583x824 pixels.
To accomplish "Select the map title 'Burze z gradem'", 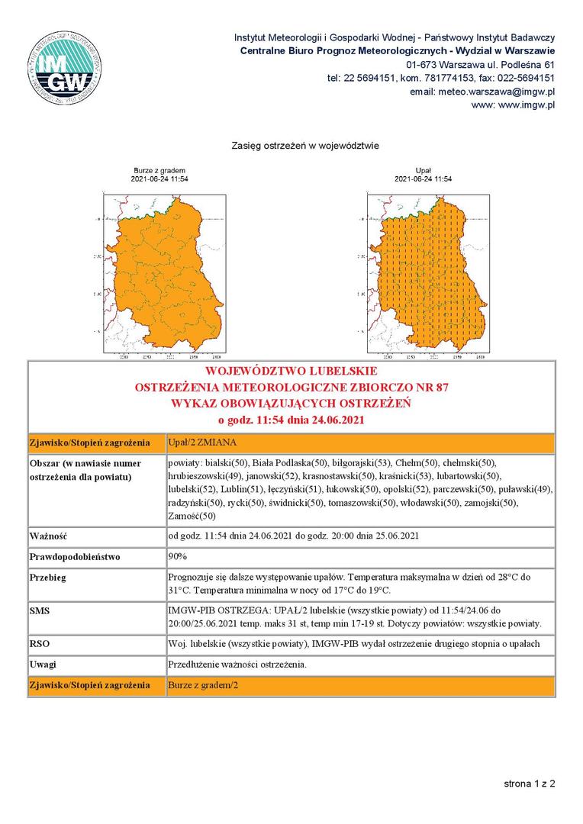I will coord(160,170).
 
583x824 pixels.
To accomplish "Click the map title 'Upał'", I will coord(424,170).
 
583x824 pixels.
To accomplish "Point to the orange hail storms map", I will coord(164,271).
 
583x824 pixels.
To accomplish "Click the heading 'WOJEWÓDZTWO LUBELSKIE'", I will coord(291,372).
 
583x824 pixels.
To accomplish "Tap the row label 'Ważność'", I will coord(49,536).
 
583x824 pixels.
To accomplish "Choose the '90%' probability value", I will coord(178,556).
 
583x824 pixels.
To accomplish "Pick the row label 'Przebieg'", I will coord(48,578).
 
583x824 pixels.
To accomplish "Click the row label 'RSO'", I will coord(39,644).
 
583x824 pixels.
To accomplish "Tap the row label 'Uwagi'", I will coord(42,665).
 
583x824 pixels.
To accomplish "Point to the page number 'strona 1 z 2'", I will coord(529,784).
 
